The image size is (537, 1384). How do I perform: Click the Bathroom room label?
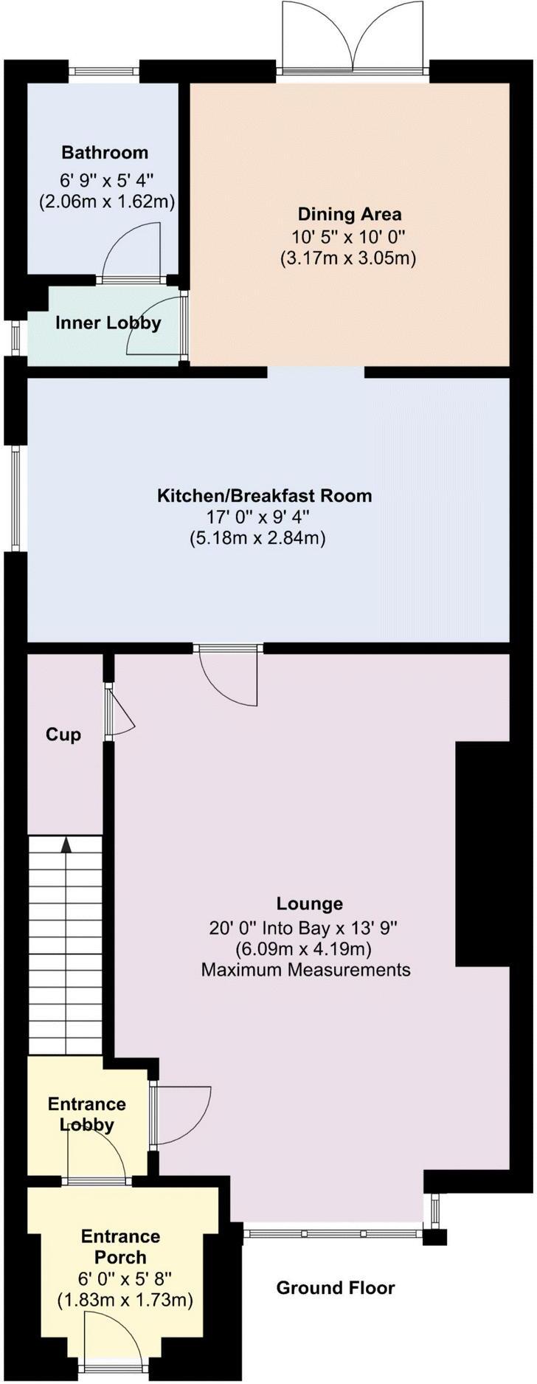(x=105, y=153)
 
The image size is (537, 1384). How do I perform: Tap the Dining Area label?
(x=350, y=215)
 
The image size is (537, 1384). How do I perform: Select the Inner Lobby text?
(x=108, y=323)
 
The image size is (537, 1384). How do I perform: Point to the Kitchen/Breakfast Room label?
(x=264, y=495)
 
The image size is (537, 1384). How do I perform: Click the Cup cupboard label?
(x=63, y=734)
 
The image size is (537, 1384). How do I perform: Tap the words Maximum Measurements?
(x=305, y=969)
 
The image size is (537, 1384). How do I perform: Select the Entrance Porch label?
(x=120, y=1246)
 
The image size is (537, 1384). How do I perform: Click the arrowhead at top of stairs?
(x=66, y=844)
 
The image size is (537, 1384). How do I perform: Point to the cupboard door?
(x=118, y=712)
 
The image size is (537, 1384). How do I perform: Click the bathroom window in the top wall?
(x=104, y=72)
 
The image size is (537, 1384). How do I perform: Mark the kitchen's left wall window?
(x=15, y=498)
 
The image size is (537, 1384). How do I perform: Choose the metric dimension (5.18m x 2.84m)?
(x=257, y=538)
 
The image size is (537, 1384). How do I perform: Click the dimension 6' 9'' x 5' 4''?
(x=106, y=179)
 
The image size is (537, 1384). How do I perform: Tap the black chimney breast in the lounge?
(x=482, y=853)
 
